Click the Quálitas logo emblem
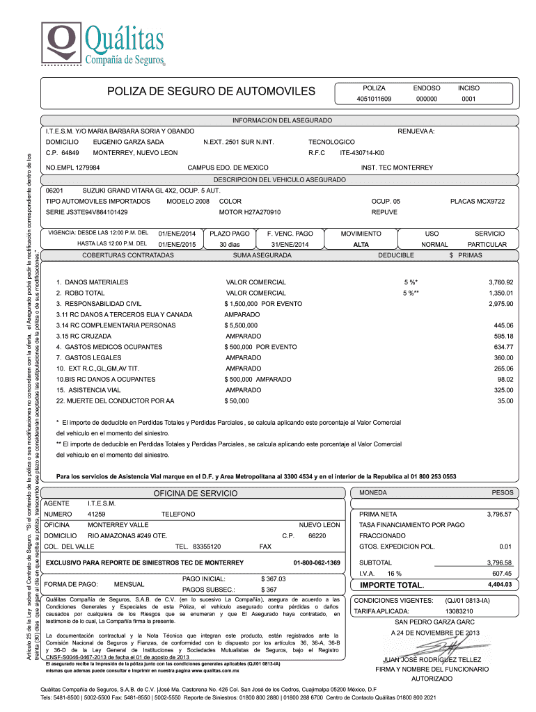coord(63,43)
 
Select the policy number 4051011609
coord(374,99)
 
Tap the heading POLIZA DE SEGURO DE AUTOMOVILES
coord(211,92)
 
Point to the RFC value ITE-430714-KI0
coord(362,152)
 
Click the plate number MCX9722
coord(478,201)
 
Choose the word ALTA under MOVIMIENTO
coord(361,245)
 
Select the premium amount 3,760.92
coord(500,282)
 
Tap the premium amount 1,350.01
coord(500,293)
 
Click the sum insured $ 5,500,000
coord(241,325)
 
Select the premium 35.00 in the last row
coord(505,401)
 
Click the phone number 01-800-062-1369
coord(317,562)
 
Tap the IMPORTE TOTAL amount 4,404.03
coord(500,585)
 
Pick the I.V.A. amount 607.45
coord(501,574)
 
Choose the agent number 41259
coord(96,513)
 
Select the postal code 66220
coord(317,536)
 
